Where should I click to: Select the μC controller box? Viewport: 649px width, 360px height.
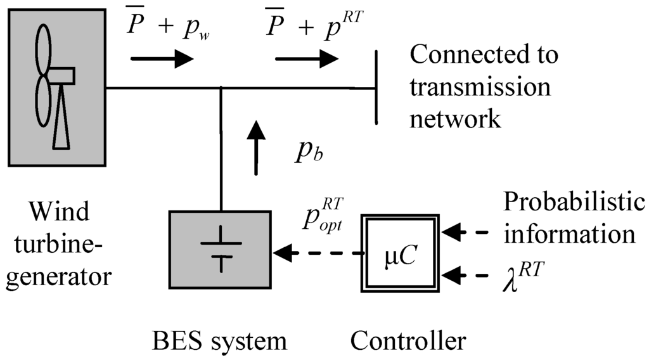[398, 252]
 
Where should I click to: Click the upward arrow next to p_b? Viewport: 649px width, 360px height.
[256, 147]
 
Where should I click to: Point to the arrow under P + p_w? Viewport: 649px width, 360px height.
[161, 59]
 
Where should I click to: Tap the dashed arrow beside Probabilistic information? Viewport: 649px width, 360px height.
[466, 233]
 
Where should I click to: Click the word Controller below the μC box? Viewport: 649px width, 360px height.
[408, 341]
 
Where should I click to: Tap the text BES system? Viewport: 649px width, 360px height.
[219, 341]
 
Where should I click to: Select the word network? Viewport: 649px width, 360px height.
[454, 119]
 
